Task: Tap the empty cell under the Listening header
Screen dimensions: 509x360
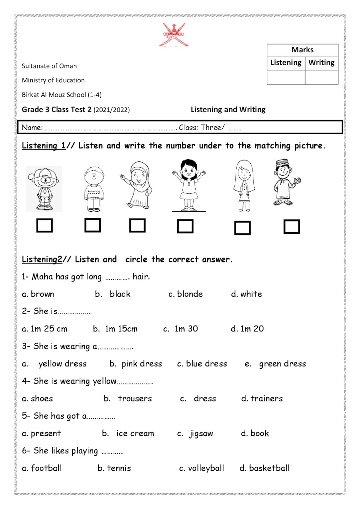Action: [286, 77]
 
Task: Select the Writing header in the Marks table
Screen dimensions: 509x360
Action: [321, 63]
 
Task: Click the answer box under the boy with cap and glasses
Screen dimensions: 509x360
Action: [45, 225]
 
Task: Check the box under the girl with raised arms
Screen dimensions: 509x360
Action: [185, 226]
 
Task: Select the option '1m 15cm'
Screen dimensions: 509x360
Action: [121, 329]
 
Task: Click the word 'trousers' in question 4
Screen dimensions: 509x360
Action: [135, 398]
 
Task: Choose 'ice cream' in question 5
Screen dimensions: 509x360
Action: [135, 433]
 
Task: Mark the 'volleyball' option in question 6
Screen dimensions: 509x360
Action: [206, 468]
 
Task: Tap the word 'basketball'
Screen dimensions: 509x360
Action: [269, 468]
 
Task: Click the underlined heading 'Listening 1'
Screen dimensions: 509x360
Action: [44, 146]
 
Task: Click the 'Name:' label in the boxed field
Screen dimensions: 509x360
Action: [32, 128]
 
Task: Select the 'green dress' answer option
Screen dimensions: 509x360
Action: [282, 364]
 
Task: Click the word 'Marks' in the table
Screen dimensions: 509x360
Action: [302, 50]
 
